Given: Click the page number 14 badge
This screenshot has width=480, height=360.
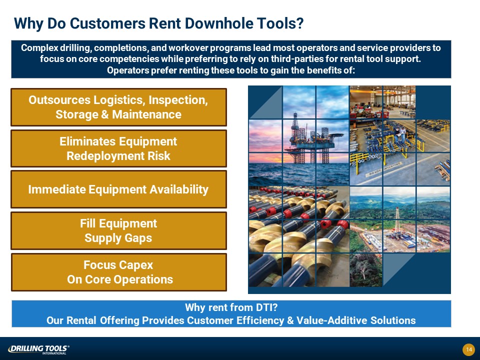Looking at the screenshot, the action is pyautogui.click(x=468, y=349).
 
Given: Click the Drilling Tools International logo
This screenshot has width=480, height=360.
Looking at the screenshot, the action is pyautogui.click(x=38, y=349).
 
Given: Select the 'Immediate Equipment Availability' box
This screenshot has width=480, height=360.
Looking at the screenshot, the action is pyautogui.click(x=119, y=189).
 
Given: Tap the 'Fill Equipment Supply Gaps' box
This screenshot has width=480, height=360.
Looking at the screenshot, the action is pyautogui.click(x=119, y=230).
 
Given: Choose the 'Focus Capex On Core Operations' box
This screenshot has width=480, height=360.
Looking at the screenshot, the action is pyautogui.click(x=119, y=272).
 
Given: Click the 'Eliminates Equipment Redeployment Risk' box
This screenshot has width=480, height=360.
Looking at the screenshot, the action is pyautogui.click(x=119, y=148).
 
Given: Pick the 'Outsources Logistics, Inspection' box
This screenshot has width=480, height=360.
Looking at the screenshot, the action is pyautogui.click(x=119, y=107).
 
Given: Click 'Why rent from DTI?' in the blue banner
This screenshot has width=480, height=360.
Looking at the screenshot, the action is pyautogui.click(x=231, y=307).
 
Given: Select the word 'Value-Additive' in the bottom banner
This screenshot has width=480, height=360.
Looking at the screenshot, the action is pyautogui.click(x=331, y=320).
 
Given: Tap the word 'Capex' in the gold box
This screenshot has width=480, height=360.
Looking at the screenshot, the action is pyautogui.click(x=135, y=265).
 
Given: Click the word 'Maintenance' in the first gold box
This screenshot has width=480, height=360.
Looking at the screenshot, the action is pyautogui.click(x=146, y=114).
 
